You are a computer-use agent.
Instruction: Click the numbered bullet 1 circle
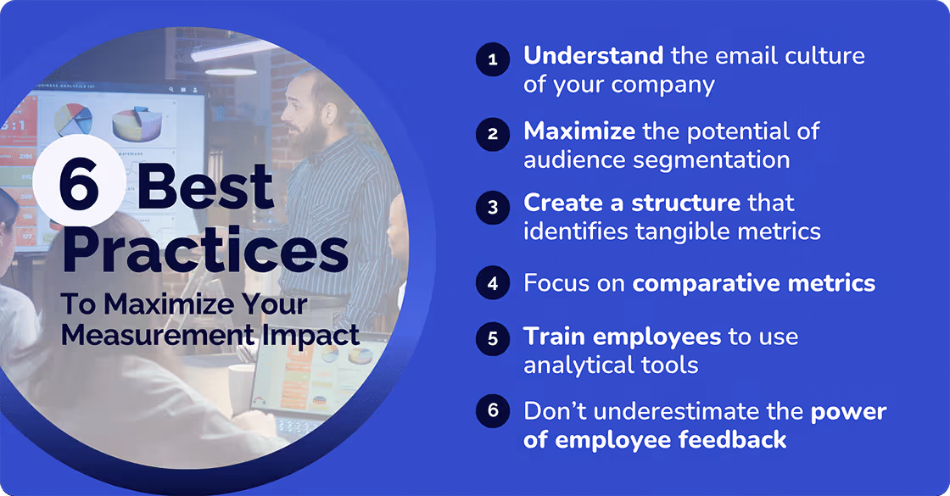(492, 60)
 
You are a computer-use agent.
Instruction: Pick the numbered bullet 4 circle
(492, 283)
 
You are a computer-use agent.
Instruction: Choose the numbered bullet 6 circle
(492, 411)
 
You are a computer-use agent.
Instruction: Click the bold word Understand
(593, 57)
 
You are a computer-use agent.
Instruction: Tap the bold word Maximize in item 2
(579, 131)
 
